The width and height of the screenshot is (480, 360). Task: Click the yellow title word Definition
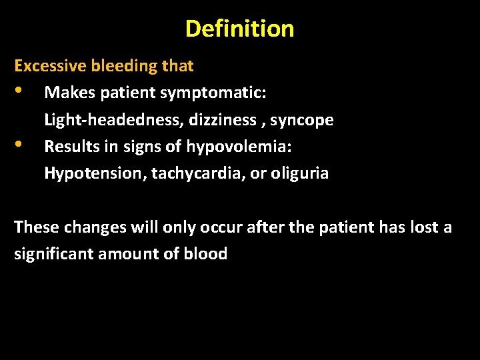pos(239,29)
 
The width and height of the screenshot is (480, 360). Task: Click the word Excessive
pos(50,66)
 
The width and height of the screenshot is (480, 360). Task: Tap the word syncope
pos(301,121)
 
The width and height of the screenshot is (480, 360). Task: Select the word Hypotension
pos(95,173)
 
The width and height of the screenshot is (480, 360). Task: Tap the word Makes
pos(69,93)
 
